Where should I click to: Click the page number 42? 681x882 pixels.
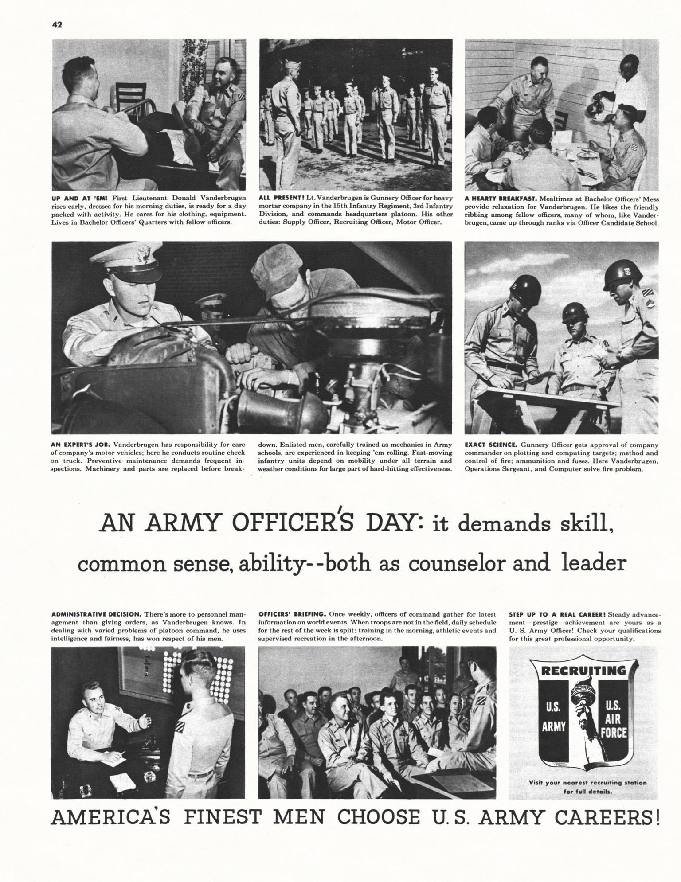click(57, 25)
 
